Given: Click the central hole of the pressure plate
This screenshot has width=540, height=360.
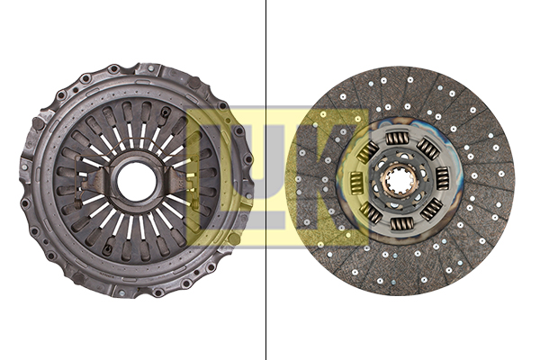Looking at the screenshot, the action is [x=137, y=182].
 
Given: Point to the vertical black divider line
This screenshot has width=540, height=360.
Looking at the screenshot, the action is [x=265, y=180].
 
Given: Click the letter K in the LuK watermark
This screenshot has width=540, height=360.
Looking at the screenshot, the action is [x=328, y=177].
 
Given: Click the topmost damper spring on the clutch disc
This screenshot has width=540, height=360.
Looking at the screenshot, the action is [x=396, y=139].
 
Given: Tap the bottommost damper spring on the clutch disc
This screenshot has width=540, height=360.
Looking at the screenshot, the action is [x=401, y=224].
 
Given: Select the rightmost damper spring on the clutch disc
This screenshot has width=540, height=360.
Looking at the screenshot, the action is [x=442, y=178].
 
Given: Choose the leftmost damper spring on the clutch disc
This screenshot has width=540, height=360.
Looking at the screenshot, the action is [x=355, y=182].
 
